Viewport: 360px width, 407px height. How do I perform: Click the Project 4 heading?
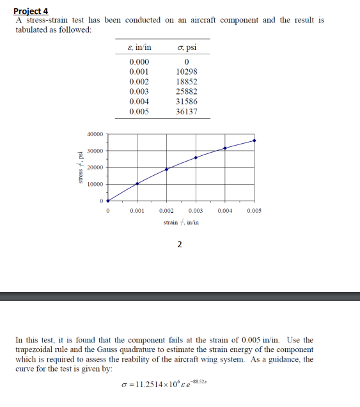click(x=31, y=11)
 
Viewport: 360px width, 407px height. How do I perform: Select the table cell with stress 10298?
click(x=186, y=72)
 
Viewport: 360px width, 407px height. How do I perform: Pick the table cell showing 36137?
click(x=186, y=111)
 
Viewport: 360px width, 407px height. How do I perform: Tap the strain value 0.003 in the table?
click(x=139, y=92)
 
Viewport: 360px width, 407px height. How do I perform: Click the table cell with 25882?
click(x=186, y=92)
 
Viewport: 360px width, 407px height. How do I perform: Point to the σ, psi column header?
click(x=186, y=48)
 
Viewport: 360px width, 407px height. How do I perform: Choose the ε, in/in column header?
click(x=139, y=48)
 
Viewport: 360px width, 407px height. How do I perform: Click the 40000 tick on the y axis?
click(x=94, y=135)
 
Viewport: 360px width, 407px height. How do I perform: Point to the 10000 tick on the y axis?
click(x=94, y=185)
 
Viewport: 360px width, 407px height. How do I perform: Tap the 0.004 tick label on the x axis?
click(x=224, y=210)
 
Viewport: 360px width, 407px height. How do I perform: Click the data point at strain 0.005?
click(x=254, y=141)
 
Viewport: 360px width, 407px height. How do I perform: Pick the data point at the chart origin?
click(x=108, y=201)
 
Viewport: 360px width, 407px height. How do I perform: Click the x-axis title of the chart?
click(x=181, y=222)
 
